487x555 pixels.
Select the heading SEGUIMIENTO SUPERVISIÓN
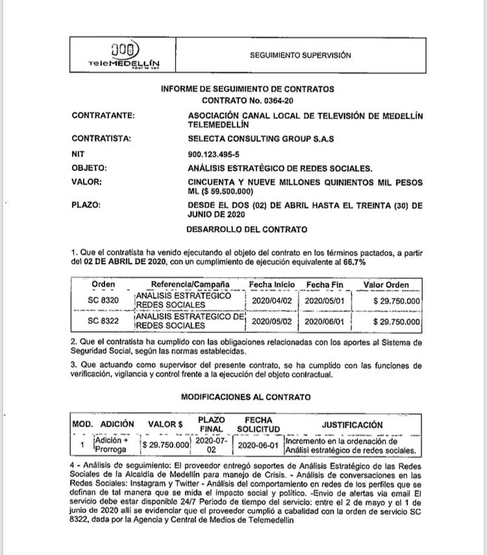tap(301, 56)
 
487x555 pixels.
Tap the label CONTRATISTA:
tap(101, 138)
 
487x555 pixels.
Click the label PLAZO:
tap(86, 206)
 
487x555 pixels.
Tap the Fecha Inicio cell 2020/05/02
tap(271, 322)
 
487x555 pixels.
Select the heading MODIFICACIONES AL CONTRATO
tap(245, 397)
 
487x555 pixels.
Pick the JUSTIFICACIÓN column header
tap(352, 425)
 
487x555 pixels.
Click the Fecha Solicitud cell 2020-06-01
tap(258, 445)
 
